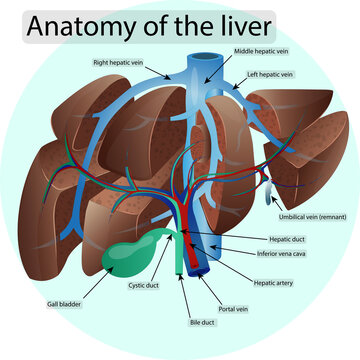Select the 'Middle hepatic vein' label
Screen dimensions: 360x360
[260, 49]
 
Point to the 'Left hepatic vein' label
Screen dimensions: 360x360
[273, 74]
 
